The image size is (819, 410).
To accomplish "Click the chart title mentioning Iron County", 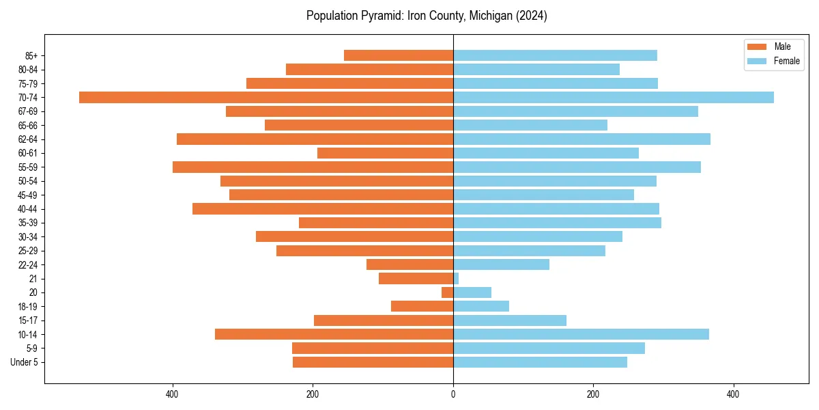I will [427, 16].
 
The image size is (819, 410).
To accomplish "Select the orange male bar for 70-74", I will [266, 97].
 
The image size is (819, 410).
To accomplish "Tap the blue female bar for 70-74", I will [613, 97].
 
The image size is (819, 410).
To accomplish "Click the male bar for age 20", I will [448, 292].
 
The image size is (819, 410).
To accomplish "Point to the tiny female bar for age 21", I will [456, 279].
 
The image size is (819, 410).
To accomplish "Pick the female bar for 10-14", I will [581, 334].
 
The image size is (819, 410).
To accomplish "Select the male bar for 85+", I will [399, 55].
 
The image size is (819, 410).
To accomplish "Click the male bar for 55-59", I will [313, 167].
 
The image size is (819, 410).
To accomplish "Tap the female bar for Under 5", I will [540, 362].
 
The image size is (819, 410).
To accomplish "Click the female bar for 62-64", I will [581, 139].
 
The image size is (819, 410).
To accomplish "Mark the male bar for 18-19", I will [422, 306].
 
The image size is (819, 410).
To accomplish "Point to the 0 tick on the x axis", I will [453, 395].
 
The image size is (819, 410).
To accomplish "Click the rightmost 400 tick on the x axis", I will [733, 395].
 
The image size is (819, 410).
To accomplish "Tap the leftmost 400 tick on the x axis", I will [173, 395].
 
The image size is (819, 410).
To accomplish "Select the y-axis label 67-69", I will [28, 111].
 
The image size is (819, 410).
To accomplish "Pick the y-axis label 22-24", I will [28, 264].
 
